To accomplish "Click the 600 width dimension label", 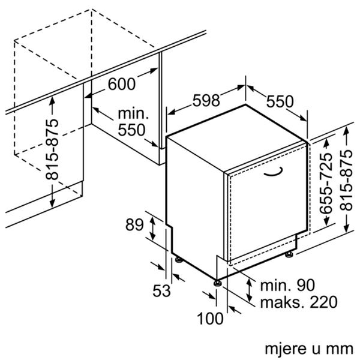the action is click(122, 84).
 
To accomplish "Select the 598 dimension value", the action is click(206, 100).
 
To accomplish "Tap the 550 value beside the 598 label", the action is click(280, 101).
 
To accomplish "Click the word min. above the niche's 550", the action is click(133, 113).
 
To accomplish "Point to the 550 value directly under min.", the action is click(131, 130).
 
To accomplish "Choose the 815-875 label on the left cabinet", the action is click(52, 149).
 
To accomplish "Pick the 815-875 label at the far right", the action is click(346, 180).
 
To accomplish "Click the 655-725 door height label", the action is click(326, 183).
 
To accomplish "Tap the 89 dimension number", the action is click(134, 224).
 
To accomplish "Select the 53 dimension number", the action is click(161, 290).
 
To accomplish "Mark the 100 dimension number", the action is click(210, 319).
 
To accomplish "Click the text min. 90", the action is click(287, 286).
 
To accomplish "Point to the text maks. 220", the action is click(299, 302).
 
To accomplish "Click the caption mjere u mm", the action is click(309, 349).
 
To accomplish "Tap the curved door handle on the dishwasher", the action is click(274, 172).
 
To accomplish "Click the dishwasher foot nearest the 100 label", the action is click(217, 283).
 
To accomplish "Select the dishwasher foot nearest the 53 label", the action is click(179, 259).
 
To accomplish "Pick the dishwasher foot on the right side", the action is click(289, 254).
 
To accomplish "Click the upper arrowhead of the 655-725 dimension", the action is click(326, 143).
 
